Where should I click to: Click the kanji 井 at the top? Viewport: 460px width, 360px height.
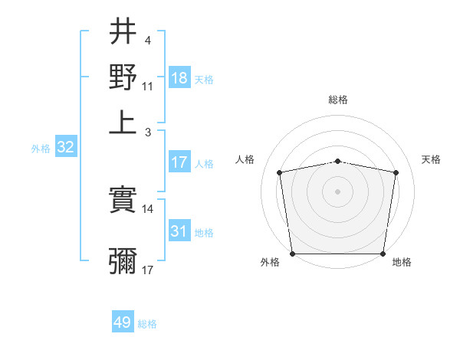123,33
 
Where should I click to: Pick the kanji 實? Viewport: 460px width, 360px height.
123,201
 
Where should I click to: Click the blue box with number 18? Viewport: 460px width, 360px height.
179,78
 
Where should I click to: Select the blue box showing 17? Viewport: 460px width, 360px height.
179,162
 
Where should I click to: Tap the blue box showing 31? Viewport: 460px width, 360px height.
179,231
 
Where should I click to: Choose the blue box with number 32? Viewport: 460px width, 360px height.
65,148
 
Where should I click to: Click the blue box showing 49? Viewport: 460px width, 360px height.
123,322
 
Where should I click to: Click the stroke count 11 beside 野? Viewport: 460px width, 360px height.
148,86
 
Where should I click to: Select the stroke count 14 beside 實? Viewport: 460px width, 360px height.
148,208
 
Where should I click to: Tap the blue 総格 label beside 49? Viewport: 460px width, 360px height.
147,324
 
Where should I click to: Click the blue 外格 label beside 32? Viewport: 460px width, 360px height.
40,149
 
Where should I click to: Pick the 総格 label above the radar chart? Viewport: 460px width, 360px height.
337,100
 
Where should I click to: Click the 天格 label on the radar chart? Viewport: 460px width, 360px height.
431,159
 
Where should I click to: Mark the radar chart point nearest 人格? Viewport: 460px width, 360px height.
280,172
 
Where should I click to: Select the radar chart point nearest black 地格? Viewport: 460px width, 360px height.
383,254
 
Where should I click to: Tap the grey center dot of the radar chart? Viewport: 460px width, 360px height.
337,191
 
